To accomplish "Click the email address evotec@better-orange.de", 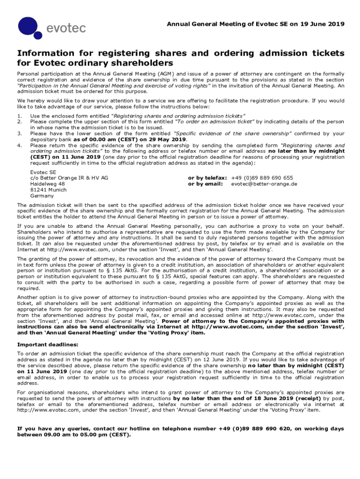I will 264,184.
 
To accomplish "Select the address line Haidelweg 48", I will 47,184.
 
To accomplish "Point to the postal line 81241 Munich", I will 48,190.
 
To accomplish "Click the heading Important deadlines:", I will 45,345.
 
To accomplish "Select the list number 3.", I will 19,133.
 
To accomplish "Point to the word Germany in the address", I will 42,196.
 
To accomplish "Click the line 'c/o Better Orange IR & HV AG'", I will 69,178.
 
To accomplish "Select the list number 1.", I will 19,116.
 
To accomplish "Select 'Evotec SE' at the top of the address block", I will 43,172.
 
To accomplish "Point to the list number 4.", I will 19,145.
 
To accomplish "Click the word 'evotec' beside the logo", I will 66,28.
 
